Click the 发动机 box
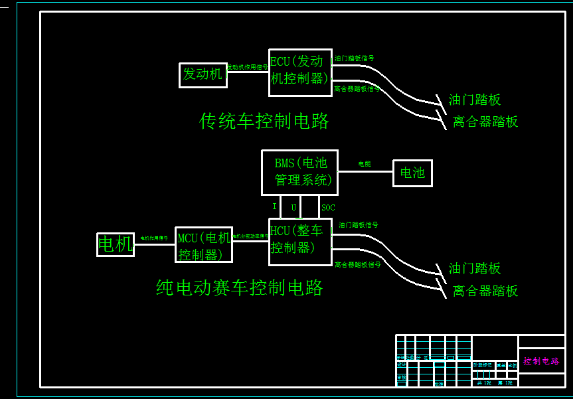pyautogui.click(x=203, y=75)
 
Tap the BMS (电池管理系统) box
pyautogui.click(x=299, y=172)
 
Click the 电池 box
pyautogui.click(x=412, y=173)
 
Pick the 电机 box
pyautogui.click(x=116, y=244)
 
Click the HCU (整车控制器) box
pyautogui.click(x=300, y=241)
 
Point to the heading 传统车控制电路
pyautogui.click(x=264, y=121)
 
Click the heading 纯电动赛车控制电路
pyautogui.click(x=240, y=287)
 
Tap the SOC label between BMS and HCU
pyautogui.click(x=328, y=208)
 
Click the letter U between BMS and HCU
pyautogui.click(x=293, y=208)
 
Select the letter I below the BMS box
pyautogui.click(x=274, y=207)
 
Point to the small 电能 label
pyautogui.click(x=365, y=163)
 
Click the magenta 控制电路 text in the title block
pyautogui.click(x=541, y=361)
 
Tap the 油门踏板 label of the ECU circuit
pyautogui.click(x=475, y=100)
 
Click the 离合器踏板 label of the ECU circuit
pyautogui.click(x=485, y=122)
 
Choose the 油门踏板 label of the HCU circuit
pyautogui.click(x=475, y=269)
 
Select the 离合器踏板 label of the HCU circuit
pyautogui.click(x=485, y=291)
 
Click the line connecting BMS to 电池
pyautogui.click(x=365, y=171)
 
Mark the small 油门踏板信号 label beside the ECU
pyautogui.click(x=354, y=58)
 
